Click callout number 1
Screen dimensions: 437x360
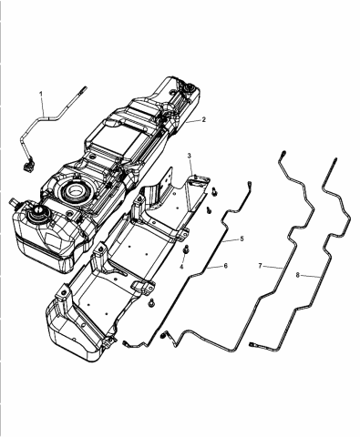[x=40, y=95]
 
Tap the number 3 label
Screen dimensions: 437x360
[x=189, y=157]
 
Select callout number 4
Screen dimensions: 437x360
[x=180, y=266]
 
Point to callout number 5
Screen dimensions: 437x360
[x=242, y=239]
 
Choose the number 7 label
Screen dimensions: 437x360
[x=260, y=266]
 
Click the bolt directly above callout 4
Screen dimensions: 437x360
[x=185, y=249]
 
